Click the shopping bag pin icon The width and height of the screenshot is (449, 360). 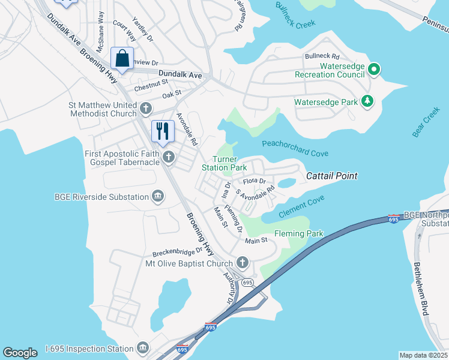coord(122,59)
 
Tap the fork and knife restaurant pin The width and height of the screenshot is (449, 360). coord(163,131)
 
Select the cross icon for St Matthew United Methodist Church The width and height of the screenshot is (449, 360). coord(146,109)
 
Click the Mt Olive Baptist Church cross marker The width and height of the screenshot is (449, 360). coord(243,262)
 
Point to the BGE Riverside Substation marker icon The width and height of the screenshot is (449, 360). coord(158,196)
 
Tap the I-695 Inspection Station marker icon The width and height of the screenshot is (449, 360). coord(143,347)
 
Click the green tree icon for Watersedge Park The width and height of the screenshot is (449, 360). coord(367,101)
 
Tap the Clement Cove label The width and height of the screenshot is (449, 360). coord(303,204)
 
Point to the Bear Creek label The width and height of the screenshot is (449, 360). coord(426,122)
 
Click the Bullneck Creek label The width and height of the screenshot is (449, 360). coord(295,16)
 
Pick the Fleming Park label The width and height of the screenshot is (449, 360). coord(298,233)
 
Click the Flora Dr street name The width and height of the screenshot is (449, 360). coord(254,181)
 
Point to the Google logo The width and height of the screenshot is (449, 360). coord(20,353)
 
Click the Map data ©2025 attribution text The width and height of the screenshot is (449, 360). coord(423,355)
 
